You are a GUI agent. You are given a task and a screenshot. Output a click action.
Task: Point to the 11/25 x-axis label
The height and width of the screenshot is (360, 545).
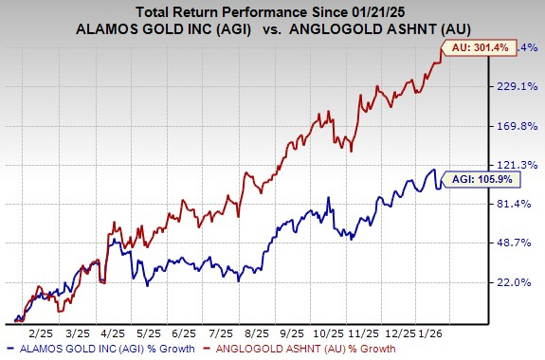click(359, 332)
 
